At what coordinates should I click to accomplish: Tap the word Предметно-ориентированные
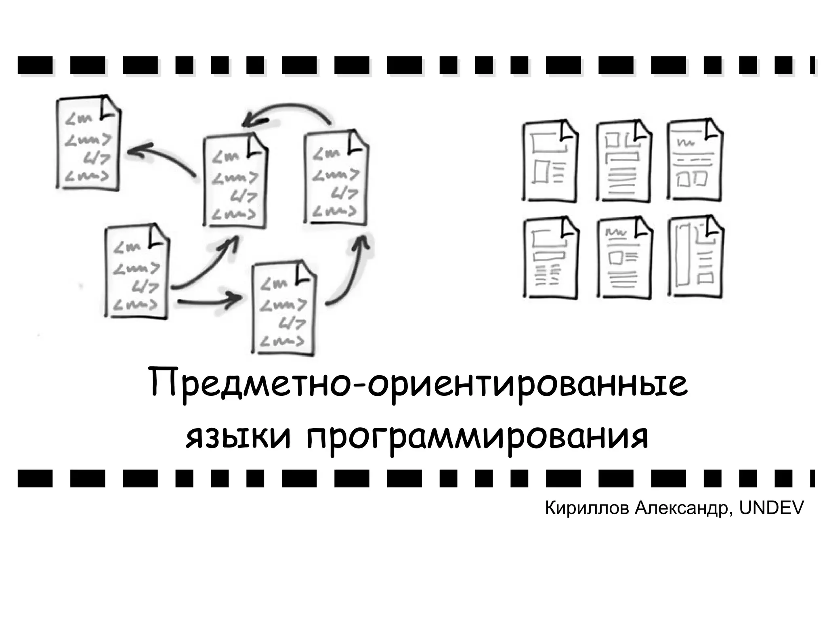point(418,384)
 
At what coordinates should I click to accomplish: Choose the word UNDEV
point(771,508)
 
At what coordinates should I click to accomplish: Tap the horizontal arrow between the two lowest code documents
point(210,301)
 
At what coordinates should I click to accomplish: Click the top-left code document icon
point(88,143)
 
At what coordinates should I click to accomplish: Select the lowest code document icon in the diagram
point(283,309)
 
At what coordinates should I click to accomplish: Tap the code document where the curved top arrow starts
point(336,178)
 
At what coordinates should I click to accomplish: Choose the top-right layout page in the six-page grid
point(695,160)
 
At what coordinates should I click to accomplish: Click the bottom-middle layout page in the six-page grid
point(623,259)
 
